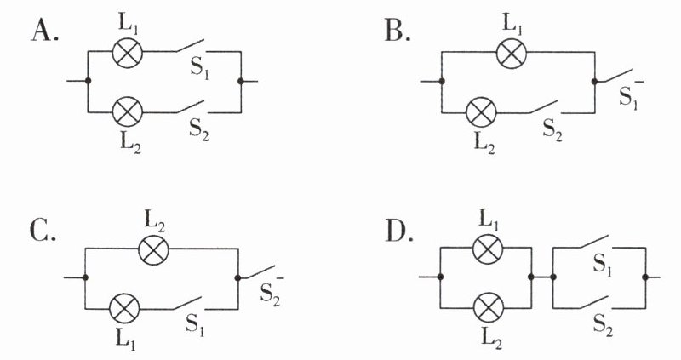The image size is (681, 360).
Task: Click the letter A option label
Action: point(45,31)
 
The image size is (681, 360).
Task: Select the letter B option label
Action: point(398,31)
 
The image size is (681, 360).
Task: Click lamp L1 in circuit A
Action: point(127,52)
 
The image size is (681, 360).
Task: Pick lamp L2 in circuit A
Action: point(127,112)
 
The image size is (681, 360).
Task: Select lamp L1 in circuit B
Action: point(512,53)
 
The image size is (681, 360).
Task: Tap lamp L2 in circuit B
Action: point(481,112)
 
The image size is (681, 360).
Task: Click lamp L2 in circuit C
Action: point(153,249)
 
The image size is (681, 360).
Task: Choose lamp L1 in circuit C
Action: point(124,309)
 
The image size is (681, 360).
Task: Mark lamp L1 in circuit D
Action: point(488,249)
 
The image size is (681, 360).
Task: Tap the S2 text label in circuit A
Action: point(199,129)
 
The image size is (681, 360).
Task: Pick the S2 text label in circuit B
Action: point(552,129)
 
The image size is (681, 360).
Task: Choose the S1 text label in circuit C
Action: point(195,323)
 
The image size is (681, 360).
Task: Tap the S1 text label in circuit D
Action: point(603,264)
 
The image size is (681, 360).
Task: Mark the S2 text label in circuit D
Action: point(603,324)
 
